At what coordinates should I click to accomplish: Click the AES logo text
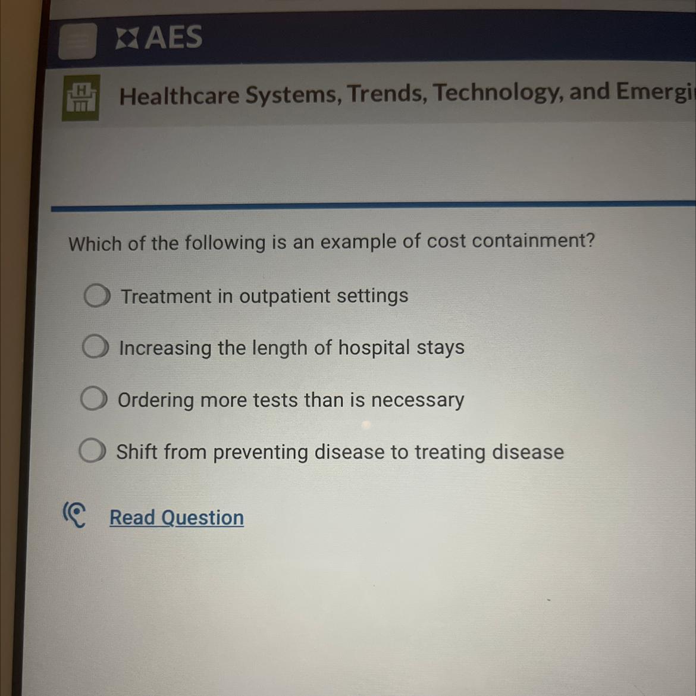coord(159,37)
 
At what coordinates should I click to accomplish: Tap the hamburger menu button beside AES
coord(78,41)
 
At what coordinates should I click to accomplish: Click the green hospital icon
coord(81,98)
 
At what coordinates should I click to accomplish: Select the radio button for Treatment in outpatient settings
coord(97,296)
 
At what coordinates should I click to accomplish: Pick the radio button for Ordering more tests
coord(93,398)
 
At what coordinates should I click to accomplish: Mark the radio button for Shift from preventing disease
coord(92,450)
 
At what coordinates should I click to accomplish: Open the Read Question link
coord(177,518)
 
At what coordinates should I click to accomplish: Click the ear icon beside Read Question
coord(74,515)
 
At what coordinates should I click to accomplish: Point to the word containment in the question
coord(533,240)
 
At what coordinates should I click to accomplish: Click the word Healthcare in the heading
coord(179,96)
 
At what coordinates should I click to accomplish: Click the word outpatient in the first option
coord(284,296)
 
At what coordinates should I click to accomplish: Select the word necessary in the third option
coord(417,400)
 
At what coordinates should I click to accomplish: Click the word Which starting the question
coord(95,244)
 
